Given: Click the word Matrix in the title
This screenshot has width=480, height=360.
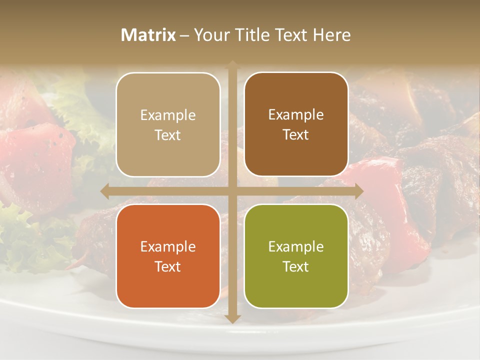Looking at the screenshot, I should pyautogui.click(x=148, y=35).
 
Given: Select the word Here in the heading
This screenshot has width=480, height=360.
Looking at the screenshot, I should pyautogui.click(x=331, y=35).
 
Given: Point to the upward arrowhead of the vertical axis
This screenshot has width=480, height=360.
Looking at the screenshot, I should pyautogui.click(x=232, y=65).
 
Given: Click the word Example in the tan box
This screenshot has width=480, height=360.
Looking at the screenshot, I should pyautogui.click(x=168, y=115).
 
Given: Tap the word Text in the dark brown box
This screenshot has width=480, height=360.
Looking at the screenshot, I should pyautogui.click(x=296, y=135).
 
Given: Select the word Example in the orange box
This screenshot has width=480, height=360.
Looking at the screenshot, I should pyautogui.click(x=168, y=247).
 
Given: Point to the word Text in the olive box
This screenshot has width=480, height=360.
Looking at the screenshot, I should pyautogui.click(x=296, y=266).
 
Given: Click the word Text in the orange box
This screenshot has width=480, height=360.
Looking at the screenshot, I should pyautogui.click(x=168, y=266).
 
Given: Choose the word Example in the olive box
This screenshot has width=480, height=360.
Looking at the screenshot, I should pyautogui.click(x=296, y=247).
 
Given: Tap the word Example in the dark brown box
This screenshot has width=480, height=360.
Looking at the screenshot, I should pyautogui.click(x=296, y=115).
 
